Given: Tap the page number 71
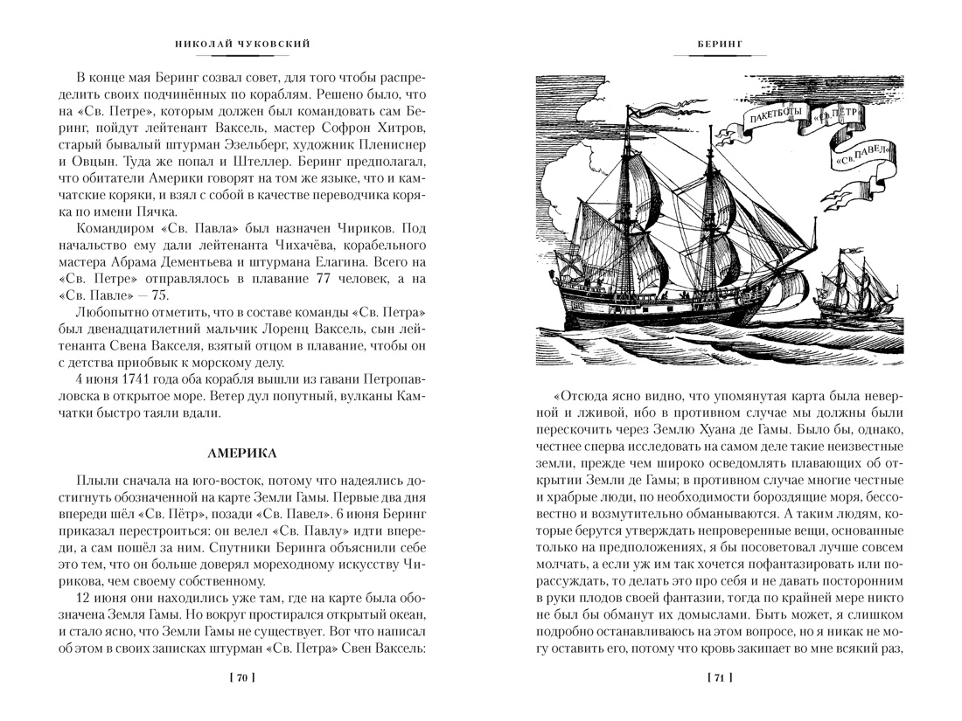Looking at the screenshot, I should pos(719,677).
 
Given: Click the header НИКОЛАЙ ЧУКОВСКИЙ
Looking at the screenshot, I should pos(242,43).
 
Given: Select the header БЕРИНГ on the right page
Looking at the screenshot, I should pos(719,43).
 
